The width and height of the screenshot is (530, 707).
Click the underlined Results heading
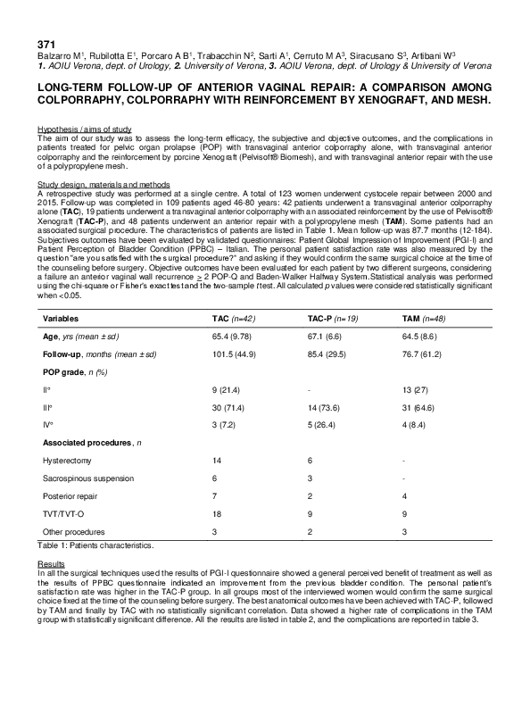[50, 564]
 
